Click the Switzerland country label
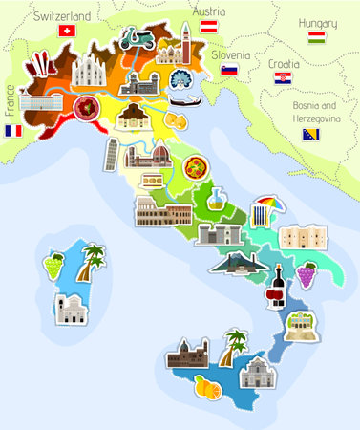coord(61,16)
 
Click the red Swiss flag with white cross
coord(66,31)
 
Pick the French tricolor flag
coord(13,129)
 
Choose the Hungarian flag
coord(316,37)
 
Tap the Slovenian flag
coord(229,70)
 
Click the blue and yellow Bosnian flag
coord(310,135)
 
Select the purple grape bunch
coord(306,273)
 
